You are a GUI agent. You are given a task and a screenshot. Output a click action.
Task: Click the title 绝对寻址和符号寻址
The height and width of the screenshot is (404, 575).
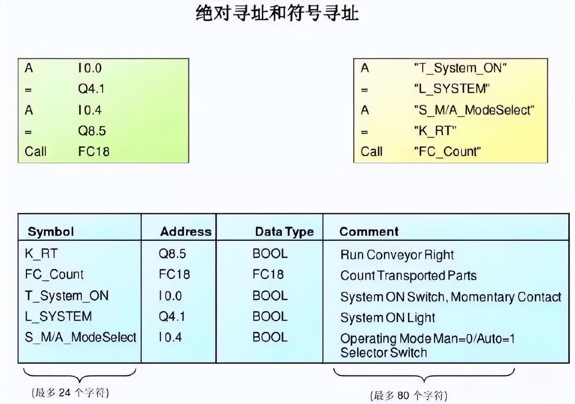pyautogui.click(x=277, y=14)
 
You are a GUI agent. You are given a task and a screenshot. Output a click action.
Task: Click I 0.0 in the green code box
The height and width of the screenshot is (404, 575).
pyautogui.click(x=90, y=68)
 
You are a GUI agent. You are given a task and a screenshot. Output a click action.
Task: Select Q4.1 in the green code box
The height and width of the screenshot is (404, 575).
pyautogui.click(x=91, y=89)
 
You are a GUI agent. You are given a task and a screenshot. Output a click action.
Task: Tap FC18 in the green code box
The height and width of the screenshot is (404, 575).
pyautogui.click(x=93, y=151)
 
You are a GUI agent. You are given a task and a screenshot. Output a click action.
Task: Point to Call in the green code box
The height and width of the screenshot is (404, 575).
pyautogui.click(x=35, y=151)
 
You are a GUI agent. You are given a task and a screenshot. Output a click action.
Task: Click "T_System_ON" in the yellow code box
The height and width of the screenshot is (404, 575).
pyautogui.click(x=460, y=68)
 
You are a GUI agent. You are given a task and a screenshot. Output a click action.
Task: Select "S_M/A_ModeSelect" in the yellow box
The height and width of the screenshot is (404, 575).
pyautogui.click(x=474, y=110)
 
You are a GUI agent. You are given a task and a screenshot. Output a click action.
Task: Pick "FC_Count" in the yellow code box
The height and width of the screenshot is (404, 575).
pyautogui.click(x=447, y=151)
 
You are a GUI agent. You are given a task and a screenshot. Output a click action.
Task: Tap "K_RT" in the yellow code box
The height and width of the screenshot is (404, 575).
pyautogui.click(x=435, y=131)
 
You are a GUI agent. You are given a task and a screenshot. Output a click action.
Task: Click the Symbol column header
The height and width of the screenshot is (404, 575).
pyautogui.click(x=51, y=231)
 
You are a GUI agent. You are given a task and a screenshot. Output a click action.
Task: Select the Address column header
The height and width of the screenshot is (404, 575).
pyautogui.click(x=186, y=231)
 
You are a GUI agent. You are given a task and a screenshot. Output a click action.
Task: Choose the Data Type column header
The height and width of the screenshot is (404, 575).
pyautogui.click(x=284, y=231)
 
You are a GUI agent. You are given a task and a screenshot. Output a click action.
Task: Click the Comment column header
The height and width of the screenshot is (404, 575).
pyautogui.click(x=369, y=231)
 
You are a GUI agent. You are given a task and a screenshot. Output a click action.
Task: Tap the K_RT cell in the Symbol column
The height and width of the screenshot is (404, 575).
pyautogui.click(x=41, y=253)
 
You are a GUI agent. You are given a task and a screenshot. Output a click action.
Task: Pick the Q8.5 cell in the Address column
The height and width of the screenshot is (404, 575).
pyautogui.click(x=172, y=253)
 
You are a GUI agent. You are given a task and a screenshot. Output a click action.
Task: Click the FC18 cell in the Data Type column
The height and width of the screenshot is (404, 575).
pyautogui.click(x=268, y=274)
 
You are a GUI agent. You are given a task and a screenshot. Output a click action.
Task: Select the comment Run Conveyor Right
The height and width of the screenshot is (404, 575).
pyautogui.click(x=397, y=255)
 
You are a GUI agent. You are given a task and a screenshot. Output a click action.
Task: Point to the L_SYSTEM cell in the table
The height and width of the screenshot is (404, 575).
pyautogui.click(x=58, y=316)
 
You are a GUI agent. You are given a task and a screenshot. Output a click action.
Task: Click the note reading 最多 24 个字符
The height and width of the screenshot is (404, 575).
pyautogui.click(x=70, y=392)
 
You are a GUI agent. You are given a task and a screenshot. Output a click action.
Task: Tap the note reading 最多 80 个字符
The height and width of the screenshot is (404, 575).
pyautogui.click(x=408, y=395)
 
